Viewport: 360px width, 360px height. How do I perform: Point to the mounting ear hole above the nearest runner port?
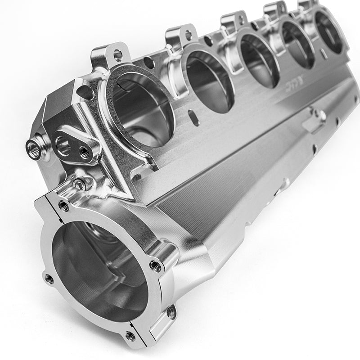[x=117, y=55]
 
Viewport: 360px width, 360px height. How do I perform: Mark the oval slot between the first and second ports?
[x=193, y=117]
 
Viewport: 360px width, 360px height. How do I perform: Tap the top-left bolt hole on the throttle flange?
[x=64, y=206]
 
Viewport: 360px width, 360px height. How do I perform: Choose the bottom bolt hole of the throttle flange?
[x=130, y=335]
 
